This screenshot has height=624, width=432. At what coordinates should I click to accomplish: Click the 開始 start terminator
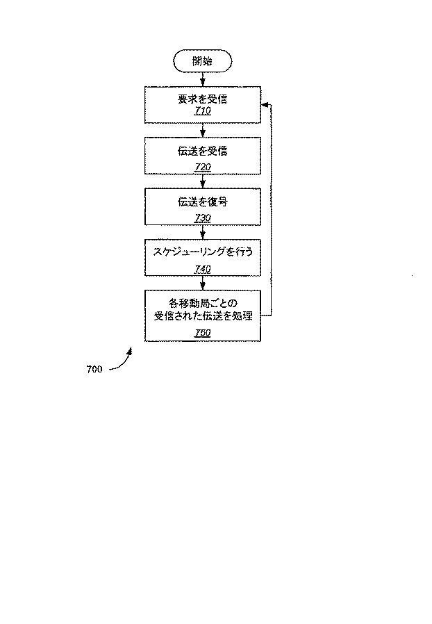pos(202,61)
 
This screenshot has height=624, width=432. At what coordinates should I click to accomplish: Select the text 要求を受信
pos(202,99)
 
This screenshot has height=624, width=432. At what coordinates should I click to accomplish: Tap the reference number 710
pos(202,111)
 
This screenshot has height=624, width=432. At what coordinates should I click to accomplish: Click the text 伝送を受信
pos(202,151)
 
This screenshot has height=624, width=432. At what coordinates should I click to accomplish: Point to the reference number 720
pos(202,167)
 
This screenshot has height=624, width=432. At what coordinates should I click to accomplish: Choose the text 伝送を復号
pos(202,202)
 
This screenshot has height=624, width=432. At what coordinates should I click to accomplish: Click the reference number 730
pos(202,218)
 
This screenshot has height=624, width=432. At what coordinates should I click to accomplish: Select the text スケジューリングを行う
pos(202,253)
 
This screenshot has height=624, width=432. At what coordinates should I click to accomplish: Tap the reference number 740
pos(202,269)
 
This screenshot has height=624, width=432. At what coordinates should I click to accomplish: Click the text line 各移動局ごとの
pos(202,303)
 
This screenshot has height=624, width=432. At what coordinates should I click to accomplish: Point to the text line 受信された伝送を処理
pos(202,316)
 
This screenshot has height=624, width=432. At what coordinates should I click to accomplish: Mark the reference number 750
pos(202,333)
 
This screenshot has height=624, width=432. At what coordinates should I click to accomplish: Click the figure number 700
pos(94,369)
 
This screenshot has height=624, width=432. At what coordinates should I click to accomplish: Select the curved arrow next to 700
pos(122,360)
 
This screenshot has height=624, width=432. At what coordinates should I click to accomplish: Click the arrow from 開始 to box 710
pos(202,79)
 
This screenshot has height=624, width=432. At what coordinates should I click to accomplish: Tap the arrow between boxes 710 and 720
pos(202,130)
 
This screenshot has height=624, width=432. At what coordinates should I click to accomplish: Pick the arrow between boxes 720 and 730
pos(202,181)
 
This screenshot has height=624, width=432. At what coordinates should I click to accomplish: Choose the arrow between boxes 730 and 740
pos(202,233)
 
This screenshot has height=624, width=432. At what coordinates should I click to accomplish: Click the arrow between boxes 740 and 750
pos(202,284)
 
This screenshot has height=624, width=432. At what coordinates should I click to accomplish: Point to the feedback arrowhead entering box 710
pos(265,104)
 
